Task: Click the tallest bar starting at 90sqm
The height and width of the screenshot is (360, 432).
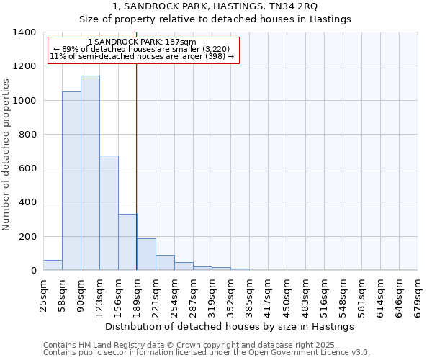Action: coord(90,173)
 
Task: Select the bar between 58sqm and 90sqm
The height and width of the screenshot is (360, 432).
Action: coord(71,181)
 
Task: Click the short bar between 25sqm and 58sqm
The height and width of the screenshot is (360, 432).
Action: coord(53,265)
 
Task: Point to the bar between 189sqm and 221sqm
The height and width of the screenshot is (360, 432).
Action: coord(146,254)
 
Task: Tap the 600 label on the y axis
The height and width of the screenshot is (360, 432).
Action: coord(27,168)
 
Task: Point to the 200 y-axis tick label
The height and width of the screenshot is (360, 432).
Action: coord(27,237)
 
